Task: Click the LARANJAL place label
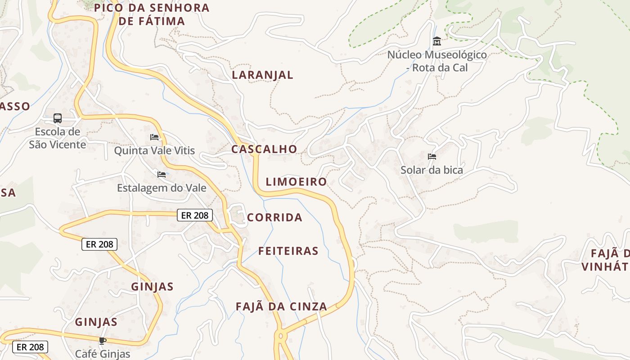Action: tap(262, 75)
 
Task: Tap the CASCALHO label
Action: tap(264, 149)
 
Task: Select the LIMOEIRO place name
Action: tap(296, 182)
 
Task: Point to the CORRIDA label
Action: tap(274, 218)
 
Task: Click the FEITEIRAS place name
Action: tap(288, 251)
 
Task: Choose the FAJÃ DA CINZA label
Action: tap(281, 306)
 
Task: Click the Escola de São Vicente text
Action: tap(57, 138)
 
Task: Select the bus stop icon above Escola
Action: tap(58, 118)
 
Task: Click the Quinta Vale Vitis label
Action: tap(154, 150)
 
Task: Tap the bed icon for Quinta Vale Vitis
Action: tap(154, 137)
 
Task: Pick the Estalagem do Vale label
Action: tap(162, 188)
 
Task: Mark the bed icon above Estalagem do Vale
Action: tap(162, 174)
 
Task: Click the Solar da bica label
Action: tap(432, 170)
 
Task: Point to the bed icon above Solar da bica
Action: tap(432, 157)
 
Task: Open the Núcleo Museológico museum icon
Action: tap(436, 42)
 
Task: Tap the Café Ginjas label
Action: tap(103, 354)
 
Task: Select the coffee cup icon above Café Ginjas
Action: tap(103, 341)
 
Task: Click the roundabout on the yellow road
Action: tap(280, 335)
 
